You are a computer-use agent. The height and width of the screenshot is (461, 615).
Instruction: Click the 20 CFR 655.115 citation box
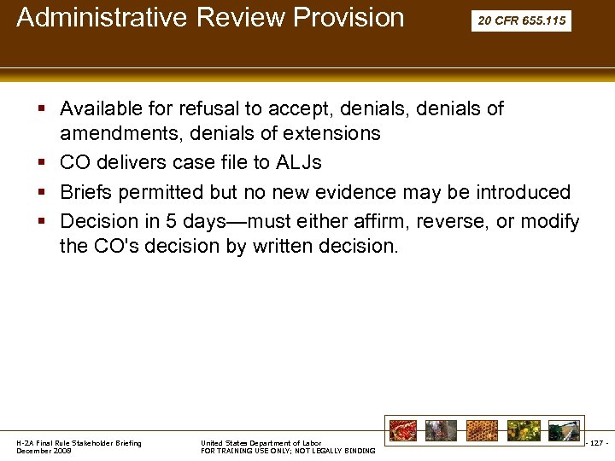521,20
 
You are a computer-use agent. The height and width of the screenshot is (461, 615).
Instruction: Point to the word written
265,247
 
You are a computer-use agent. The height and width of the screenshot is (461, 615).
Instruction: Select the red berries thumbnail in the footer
402,430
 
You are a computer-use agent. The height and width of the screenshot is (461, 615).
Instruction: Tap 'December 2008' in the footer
44,451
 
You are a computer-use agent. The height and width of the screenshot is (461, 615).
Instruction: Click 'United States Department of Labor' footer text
261,443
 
